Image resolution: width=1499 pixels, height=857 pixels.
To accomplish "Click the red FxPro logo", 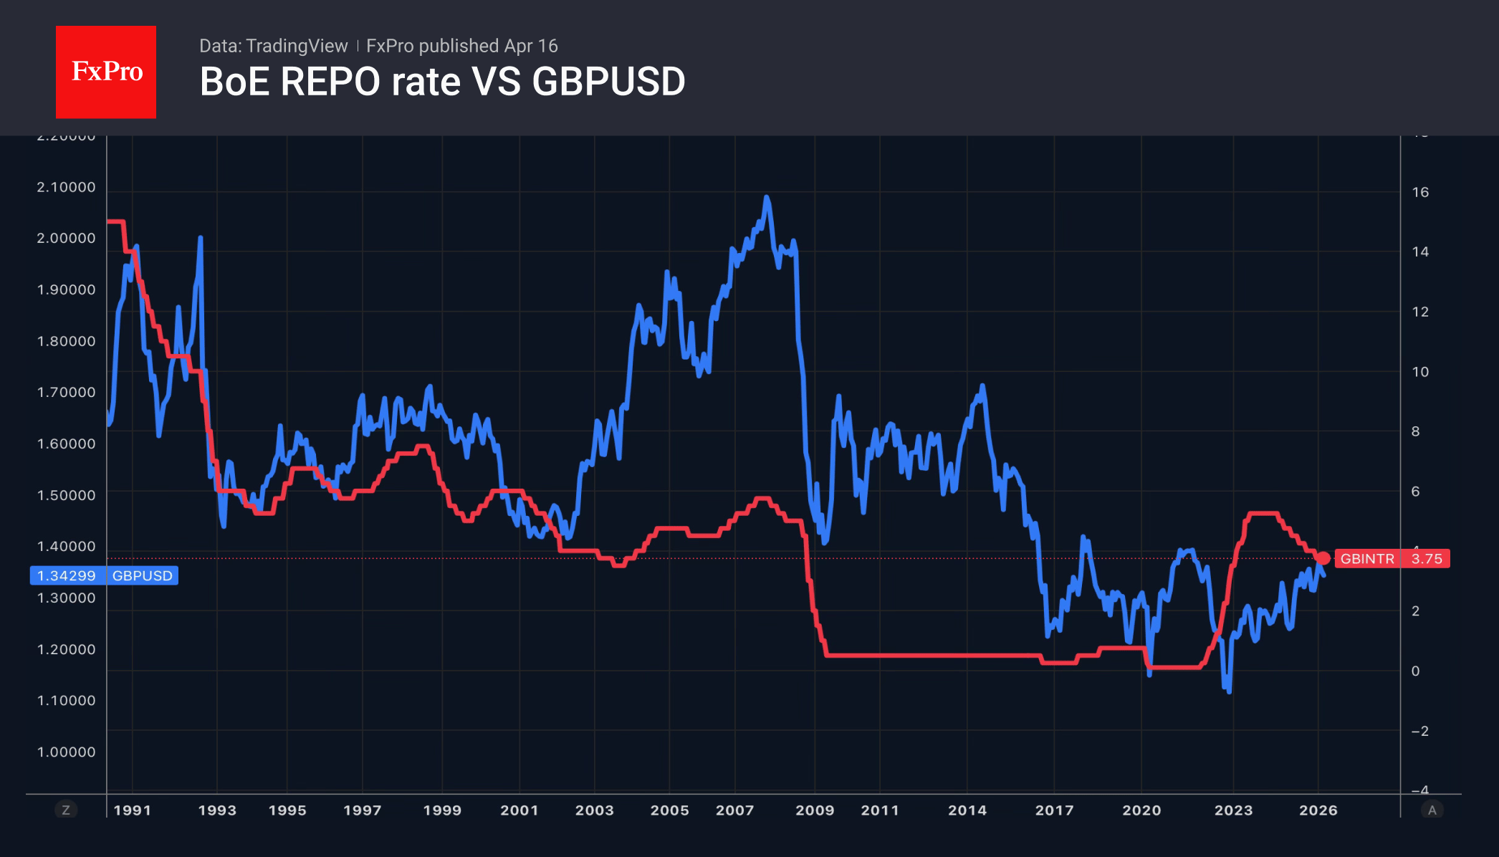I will click(x=106, y=72).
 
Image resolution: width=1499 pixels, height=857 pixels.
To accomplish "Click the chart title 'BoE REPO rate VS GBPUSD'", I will click(x=442, y=82).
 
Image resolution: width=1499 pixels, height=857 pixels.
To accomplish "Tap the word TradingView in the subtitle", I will click(x=296, y=46).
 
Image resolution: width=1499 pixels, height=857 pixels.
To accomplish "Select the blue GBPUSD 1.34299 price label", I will click(x=104, y=575).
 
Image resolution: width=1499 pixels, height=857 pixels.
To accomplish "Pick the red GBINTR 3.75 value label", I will click(x=1392, y=559).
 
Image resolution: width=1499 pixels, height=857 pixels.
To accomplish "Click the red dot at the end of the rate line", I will click(x=1323, y=558).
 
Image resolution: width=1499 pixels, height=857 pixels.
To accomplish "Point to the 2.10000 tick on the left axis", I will click(x=66, y=187).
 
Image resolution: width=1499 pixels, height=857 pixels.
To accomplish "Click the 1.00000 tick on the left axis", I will click(x=66, y=752).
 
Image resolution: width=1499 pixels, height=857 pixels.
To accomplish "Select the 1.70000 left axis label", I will click(x=66, y=392).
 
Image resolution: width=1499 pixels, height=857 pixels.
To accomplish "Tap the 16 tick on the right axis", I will click(x=1419, y=192).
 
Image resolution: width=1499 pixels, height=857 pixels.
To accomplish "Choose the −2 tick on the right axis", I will click(x=1419, y=731).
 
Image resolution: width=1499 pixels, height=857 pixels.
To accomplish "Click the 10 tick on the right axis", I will click(x=1419, y=372).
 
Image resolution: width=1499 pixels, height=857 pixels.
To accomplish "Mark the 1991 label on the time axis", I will click(x=133, y=810).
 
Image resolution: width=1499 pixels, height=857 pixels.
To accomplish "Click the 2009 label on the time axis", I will click(x=815, y=810).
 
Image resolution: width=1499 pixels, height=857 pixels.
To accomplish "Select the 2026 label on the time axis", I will click(x=1318, y=810).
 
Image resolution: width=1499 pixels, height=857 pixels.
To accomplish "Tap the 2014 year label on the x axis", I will click(x=967, y=810).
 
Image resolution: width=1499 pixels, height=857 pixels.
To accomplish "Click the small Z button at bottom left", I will click(x=66, y=810).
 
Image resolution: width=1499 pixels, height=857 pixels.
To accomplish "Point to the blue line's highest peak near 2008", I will click(x=767, y=197).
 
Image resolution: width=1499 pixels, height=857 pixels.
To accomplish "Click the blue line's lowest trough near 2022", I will click(x=1229, y=691).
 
